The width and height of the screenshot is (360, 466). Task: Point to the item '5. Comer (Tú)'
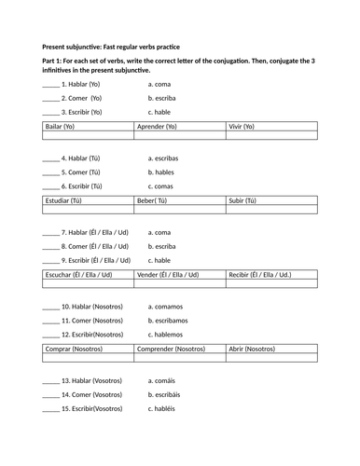pos(80,172)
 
